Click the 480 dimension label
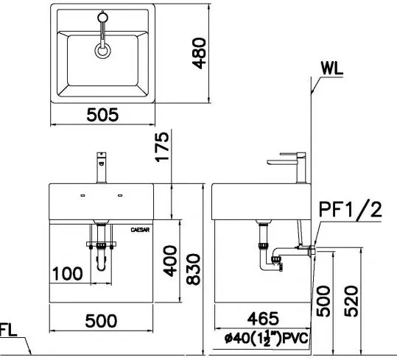coord(199,53)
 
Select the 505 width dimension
coord(102,115)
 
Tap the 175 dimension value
coord(162,147)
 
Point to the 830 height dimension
coord(193,269)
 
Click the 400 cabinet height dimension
coord(170,261)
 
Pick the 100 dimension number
coord(67,274)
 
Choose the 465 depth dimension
coord(263,319)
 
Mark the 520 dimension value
coord(351,301)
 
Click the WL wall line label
coord(331,68)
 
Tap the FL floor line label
coord(8,330)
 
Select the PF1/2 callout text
coord(350,210)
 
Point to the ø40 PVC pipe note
coord(267,339)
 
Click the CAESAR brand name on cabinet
coord(140,230)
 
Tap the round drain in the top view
coord(102,50)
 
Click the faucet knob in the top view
coord(103,18)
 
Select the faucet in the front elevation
coord(102,167)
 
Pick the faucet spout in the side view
coord(281,162)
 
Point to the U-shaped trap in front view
coord(102,262)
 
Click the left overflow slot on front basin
coord(82,195)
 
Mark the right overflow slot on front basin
coord(120,195)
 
